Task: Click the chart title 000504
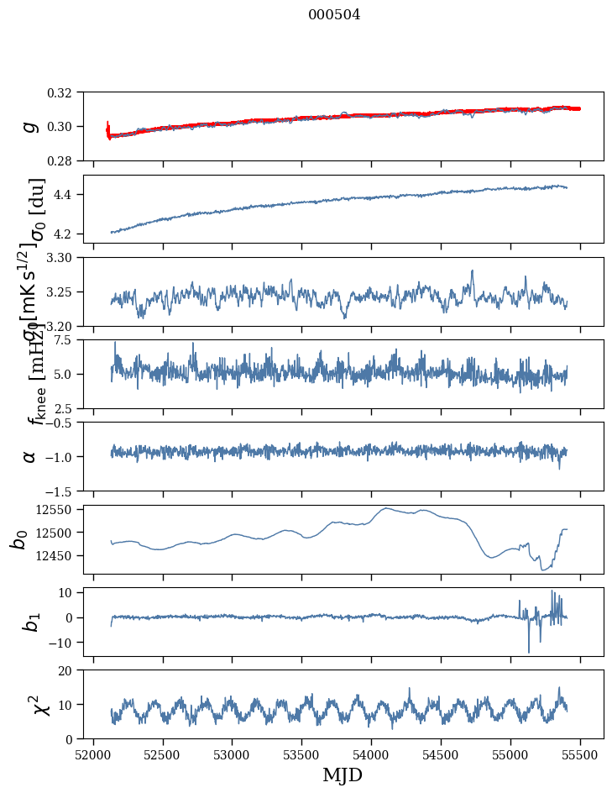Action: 334,15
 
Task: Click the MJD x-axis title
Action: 343,775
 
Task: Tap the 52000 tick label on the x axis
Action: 93,754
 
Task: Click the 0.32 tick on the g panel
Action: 71,92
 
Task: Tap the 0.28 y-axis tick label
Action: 71,160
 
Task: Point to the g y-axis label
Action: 30,126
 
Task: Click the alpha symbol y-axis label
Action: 30,455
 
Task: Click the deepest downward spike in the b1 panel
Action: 529,652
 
